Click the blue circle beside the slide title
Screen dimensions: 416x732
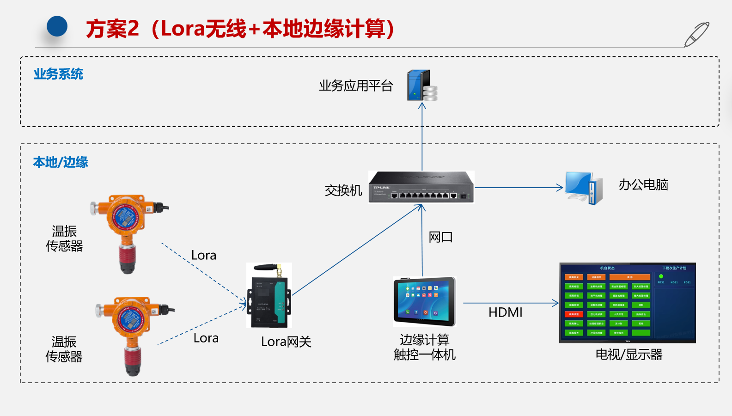point(57,26)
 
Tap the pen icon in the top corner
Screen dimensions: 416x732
point(696,34)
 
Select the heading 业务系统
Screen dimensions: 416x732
point(58,74)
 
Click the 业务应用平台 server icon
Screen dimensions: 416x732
point(421,86)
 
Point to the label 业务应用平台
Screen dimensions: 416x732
point(356,86)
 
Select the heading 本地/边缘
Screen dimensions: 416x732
point(61,162)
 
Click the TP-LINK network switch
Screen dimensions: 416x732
point(421,187)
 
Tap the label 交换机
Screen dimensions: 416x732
point(343,190)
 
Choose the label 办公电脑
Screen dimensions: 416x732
point(643,185)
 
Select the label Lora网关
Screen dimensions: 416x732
point(286,342)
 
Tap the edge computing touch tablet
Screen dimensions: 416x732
point(424,301)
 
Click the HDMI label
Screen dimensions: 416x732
point(505,312)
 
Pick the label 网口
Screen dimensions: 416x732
point(440,237)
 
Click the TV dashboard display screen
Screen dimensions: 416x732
point(627,303)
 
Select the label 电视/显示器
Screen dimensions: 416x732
point(628,355)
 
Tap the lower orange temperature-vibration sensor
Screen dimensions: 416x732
point(132,333)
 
